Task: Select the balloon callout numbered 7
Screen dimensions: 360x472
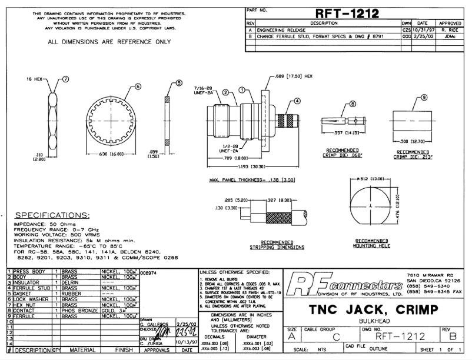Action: pos(66,78)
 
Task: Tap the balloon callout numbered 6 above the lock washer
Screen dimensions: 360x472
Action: pos(138,86)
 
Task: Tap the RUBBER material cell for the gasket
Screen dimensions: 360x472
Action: pos(73,294)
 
